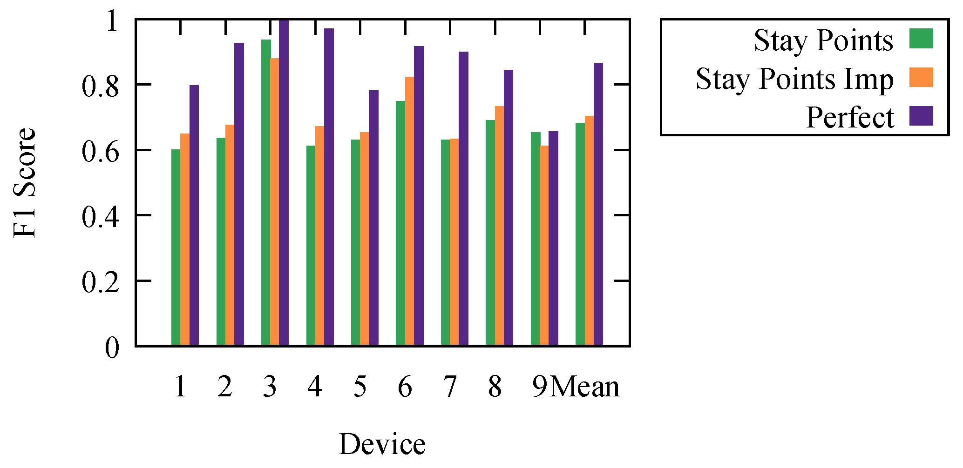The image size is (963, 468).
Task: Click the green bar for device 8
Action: (490, 233)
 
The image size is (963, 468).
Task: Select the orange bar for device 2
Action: (230, 235)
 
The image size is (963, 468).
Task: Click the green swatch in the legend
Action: (921, 39)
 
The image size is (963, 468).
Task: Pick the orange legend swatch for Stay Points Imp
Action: (921, 77)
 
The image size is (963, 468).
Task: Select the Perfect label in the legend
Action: (850, 117)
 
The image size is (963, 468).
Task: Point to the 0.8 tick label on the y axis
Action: (100, 85)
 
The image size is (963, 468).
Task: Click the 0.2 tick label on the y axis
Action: (100, 281)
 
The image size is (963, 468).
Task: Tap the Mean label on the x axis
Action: (585, 387)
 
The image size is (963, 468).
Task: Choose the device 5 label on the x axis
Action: (360, 387)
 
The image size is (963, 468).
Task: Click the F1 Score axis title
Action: (24, 182)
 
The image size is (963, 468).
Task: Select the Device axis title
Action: (382, 444)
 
